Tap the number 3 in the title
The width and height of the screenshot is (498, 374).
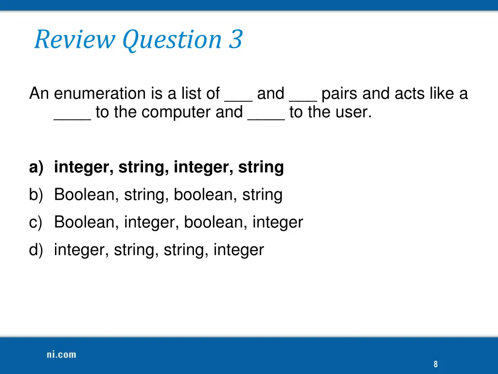click(235, 39)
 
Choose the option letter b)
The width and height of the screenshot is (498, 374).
click(36, 195)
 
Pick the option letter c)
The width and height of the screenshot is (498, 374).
click(36, 223)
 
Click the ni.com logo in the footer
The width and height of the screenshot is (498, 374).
click(61, 355)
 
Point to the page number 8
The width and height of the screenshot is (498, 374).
click(435, 364)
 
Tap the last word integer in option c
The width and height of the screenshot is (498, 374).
click(278, 223)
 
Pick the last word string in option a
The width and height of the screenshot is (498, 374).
click(261, 167)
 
